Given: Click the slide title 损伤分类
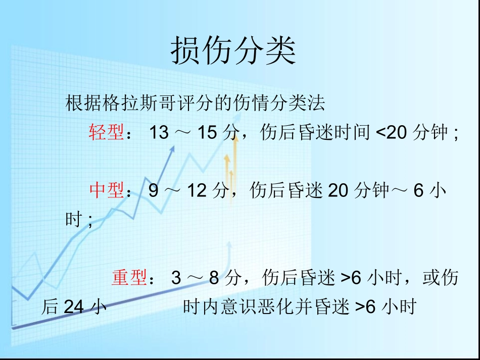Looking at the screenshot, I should pos(233,51).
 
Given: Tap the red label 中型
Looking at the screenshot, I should pos(107,190).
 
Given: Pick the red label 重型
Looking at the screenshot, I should pos(129,278).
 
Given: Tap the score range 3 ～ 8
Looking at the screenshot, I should pos(195,278).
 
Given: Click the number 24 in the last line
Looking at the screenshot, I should pos(74,307).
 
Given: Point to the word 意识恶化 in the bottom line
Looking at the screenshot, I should pos(240,307).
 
